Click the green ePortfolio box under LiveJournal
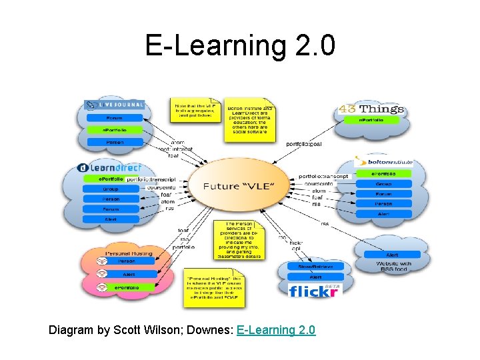pos(114,130)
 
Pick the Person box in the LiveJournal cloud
pos(114,142)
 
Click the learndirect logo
pos(111,167)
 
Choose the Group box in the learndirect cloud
pos(111,189)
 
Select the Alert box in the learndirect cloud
pos(111,218)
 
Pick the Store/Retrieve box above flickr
pos(315,267)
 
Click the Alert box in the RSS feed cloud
pos(391,255)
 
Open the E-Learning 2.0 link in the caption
pos(276,330)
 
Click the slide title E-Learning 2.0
pos(240,45)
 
